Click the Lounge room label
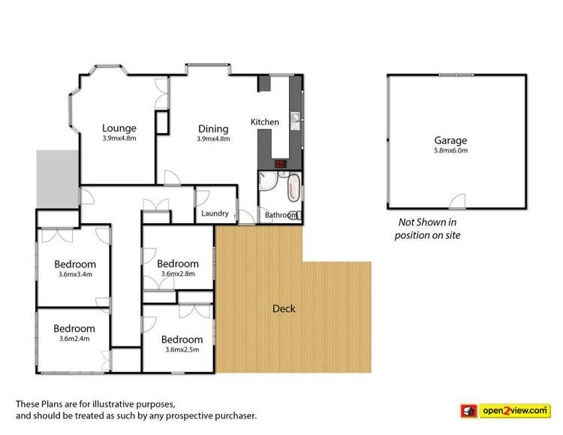click(119, 128)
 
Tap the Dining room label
click(212, 128)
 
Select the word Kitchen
click(265, 122)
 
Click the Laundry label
click(215, 214)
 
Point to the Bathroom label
click(281, 216)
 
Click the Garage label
click(450, 140)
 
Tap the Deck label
click(284, 309)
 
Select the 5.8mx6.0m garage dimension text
click(450, 150)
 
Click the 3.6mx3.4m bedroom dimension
click(75, 274)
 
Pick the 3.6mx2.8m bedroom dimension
click(178, 274)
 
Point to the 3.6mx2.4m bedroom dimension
click(74, 339)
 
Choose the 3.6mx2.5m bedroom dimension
click(182, 349)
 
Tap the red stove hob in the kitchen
click(280, 164)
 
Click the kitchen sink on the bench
click(295, 118)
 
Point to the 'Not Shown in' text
click(427, 223)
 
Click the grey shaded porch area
click(56, 177)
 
